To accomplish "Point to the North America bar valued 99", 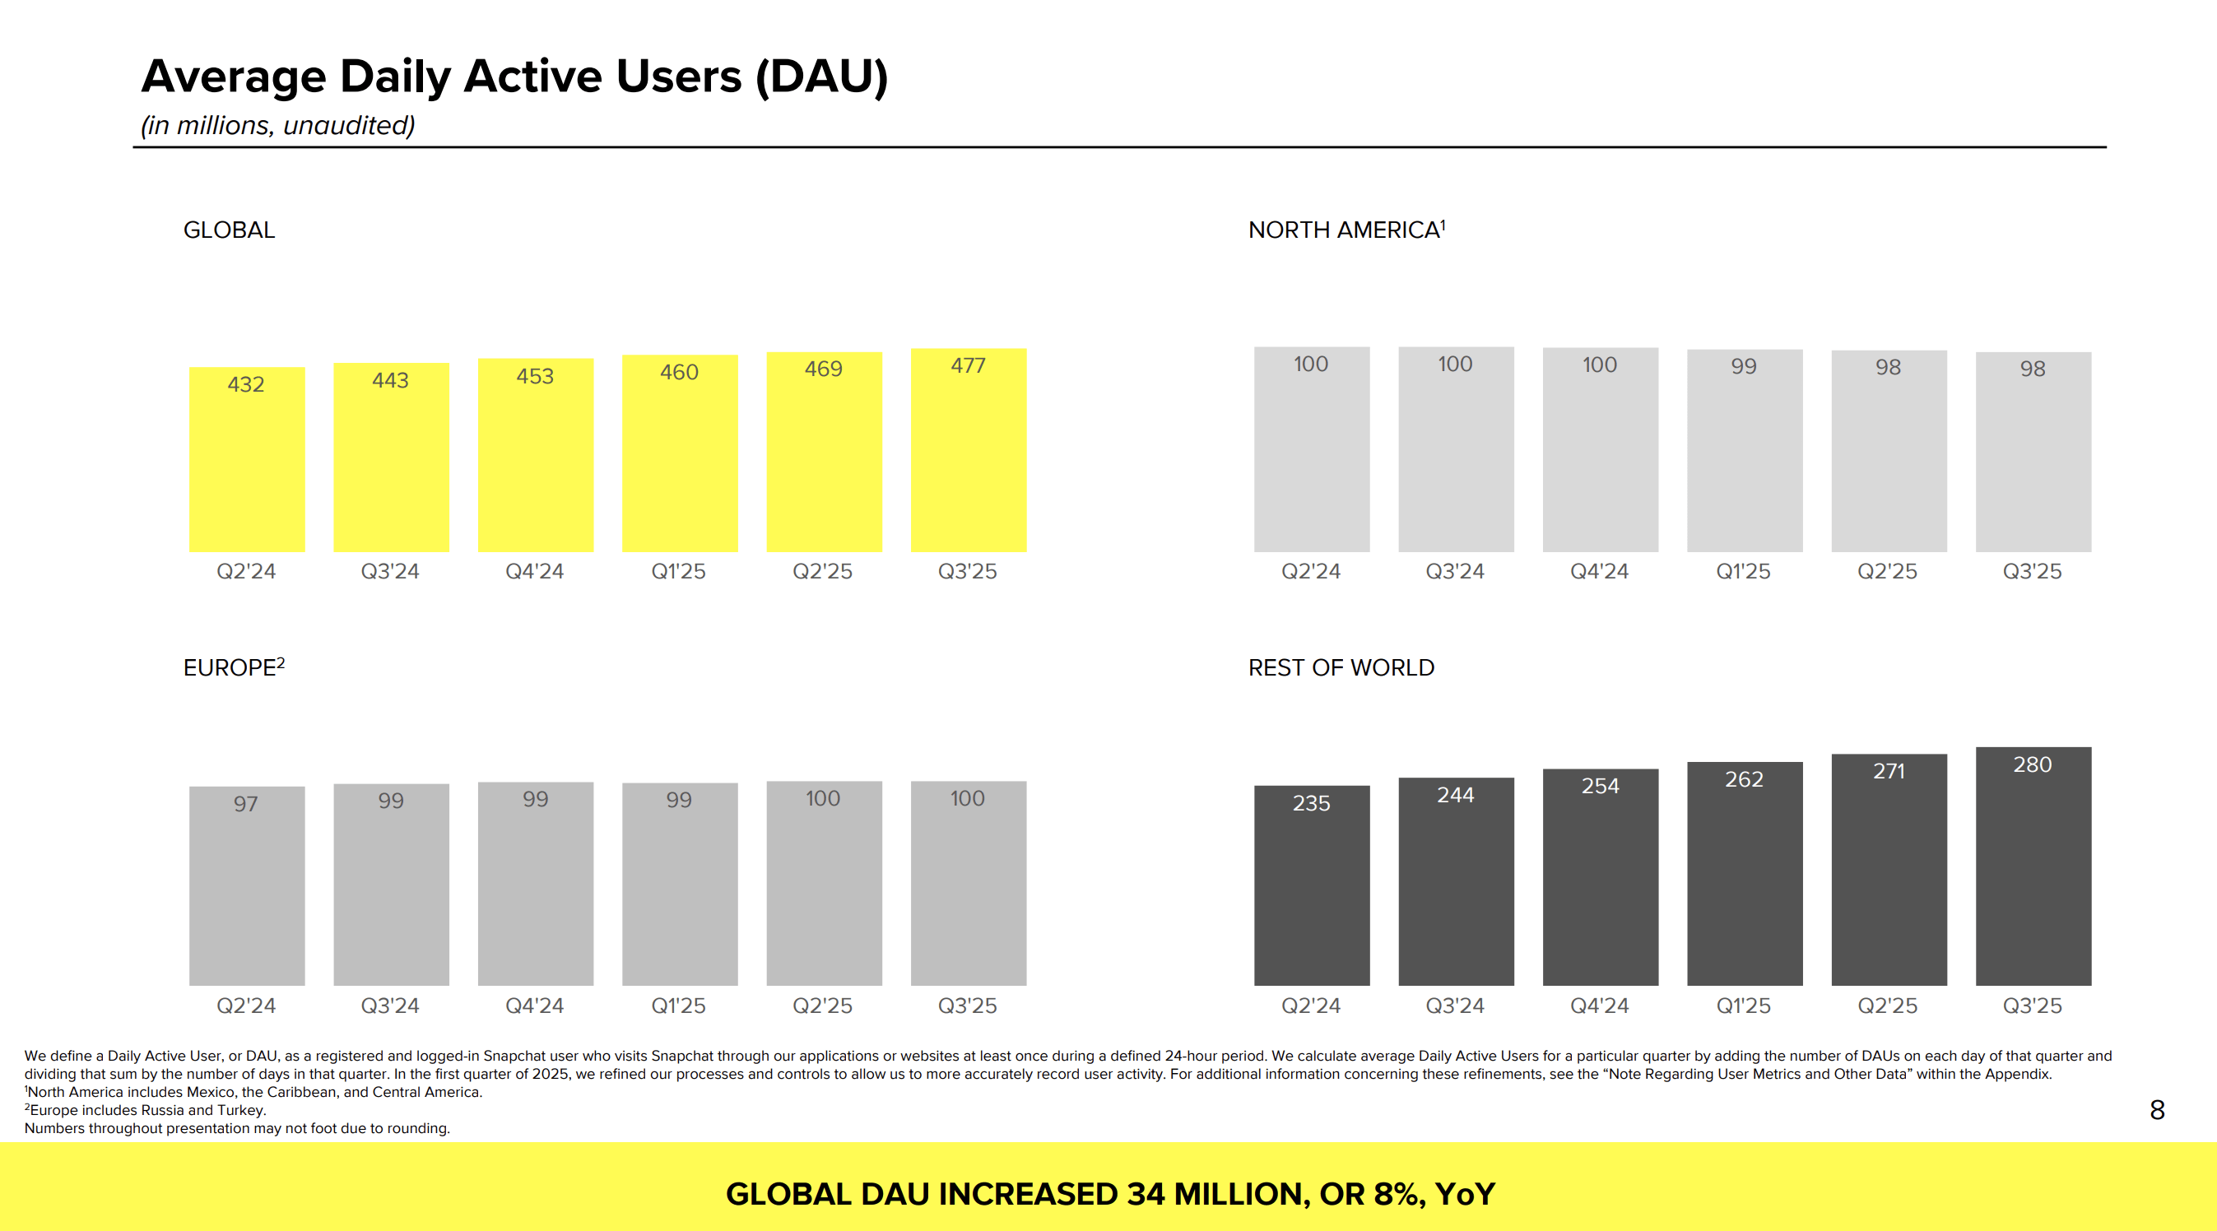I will click(x=1745, y=456).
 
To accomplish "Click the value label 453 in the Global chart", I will click(x=534, y=376).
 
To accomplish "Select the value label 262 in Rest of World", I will click(x=1744, y=779).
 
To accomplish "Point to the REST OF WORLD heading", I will click(x=1341, y=667).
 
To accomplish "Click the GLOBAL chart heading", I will click(x=229, y=230).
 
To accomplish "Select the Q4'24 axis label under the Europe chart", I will click(x=534, y=1006).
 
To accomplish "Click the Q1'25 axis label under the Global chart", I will click(x=678, y=571).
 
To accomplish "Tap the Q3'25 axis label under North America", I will click(x=2032, y=571).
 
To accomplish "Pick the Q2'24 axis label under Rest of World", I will click(x=1311, y=1006).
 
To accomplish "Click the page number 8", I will click(x=2157, y=1109).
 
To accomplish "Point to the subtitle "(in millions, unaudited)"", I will click(x=278, y=126).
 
